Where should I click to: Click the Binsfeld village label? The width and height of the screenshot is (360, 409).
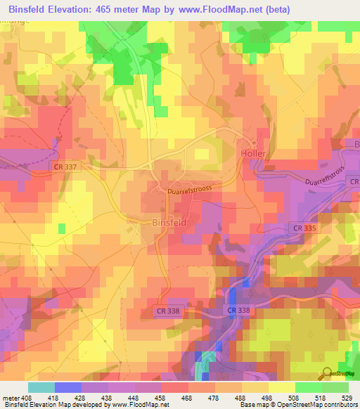[x=169, y=221]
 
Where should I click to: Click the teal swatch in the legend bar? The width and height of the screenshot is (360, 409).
[x=41, y=387]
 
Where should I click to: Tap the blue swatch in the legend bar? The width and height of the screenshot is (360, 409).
[x=67, y=387]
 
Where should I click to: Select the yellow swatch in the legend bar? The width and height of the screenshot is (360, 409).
[x=281, y=387]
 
